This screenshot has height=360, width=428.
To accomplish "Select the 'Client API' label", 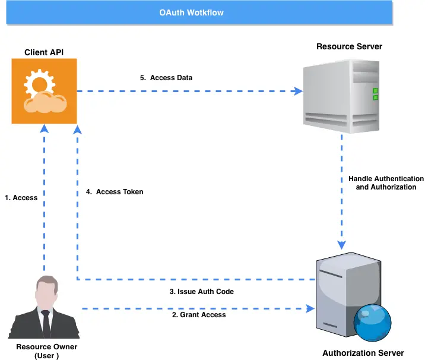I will [44, 53].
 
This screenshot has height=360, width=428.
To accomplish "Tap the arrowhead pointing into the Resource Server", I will [298, 91].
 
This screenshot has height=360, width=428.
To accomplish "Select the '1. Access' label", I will [21, 198].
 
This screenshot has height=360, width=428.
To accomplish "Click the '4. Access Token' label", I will [113, 192].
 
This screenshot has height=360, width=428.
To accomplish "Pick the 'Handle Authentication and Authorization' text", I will [386, 183].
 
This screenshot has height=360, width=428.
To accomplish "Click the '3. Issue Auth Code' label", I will [202, 292].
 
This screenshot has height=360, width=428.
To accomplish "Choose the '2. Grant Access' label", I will [199, 315].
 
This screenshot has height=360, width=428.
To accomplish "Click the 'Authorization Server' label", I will [363, 353].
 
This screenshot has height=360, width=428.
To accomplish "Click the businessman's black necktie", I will [46, 321].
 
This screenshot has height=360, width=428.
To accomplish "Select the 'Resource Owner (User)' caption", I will [46, 351].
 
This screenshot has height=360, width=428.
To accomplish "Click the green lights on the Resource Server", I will [375, 94].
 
